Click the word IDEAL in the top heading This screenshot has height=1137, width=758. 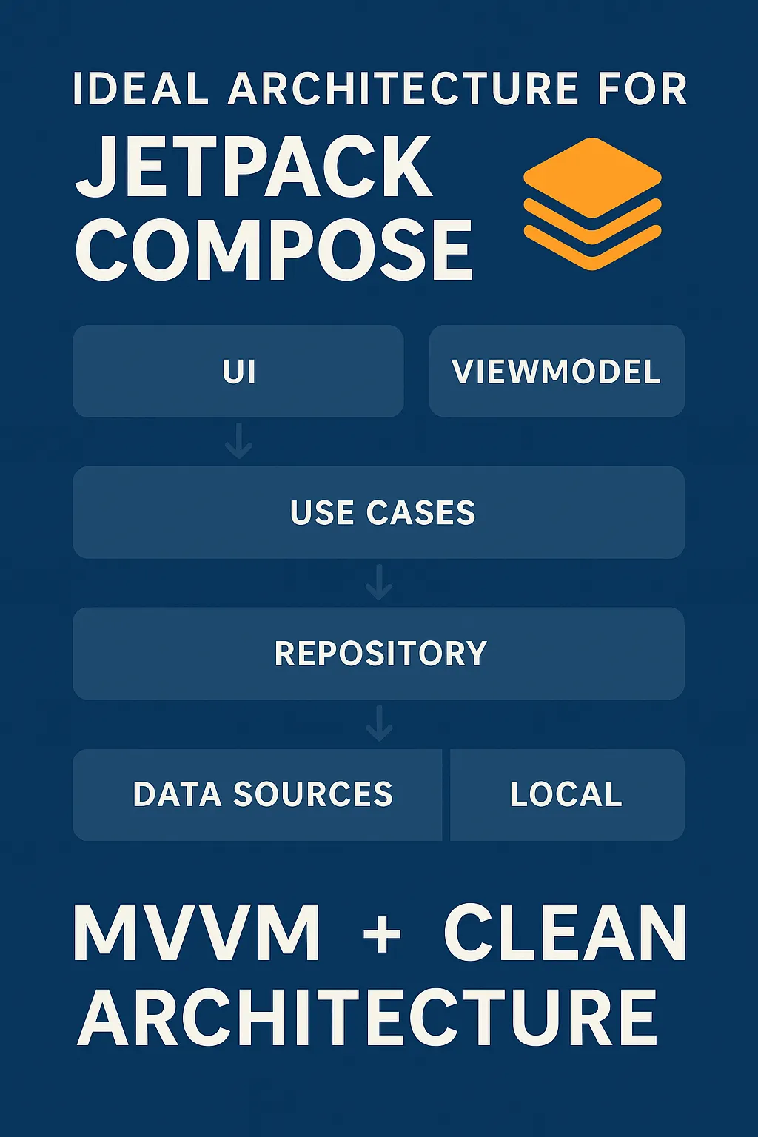click(x=141, y=89)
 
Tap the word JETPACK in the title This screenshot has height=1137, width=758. click(x=254, y=167)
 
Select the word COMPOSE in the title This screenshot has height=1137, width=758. click(x=274, y=249)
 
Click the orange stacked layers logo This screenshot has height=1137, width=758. click(x=592, y=204)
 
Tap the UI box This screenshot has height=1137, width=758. click(x=238, y=371)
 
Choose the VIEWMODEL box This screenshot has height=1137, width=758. click(x=557, y=371)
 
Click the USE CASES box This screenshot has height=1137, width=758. click(x=379, y=512)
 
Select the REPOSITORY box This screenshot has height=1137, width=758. click(x=379, y=654)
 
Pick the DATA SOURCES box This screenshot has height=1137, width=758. click(x=258, y=794)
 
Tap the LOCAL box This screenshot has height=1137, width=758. click(x=567, y=794)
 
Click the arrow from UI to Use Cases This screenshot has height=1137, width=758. click(x=238, y=441)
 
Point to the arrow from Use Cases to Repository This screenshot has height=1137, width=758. click(x=379, y=583)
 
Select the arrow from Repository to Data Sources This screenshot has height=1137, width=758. click(x=379, y=723)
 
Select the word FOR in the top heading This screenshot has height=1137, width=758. click(x=643, y=89)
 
